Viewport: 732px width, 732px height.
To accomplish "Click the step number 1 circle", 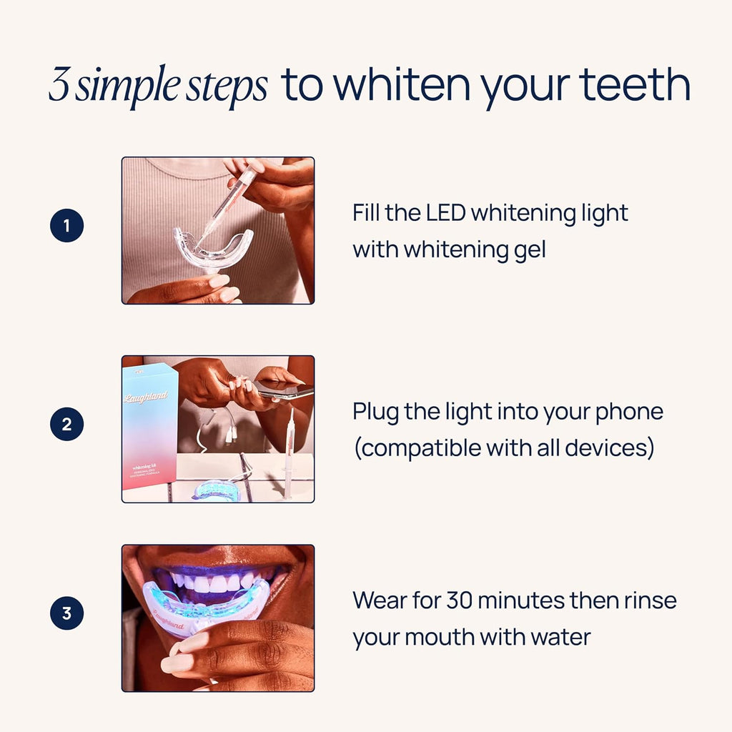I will (66, 227).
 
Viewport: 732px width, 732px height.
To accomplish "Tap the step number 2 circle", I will (66, 425).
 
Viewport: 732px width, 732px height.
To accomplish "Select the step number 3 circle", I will (66, 613).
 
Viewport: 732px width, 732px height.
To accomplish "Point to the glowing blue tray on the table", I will (215, 490).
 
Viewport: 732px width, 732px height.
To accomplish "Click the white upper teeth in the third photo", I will (214, 582).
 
